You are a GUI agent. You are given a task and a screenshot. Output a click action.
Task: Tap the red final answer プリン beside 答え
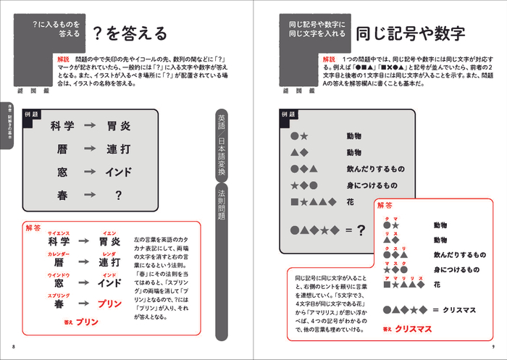pyautogui.click(x=87, y=321)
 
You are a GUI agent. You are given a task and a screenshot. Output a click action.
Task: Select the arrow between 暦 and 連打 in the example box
pyautogui.click(x=90, y=149)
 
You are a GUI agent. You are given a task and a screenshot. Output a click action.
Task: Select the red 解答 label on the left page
pyautogui.click(x=34, y=227)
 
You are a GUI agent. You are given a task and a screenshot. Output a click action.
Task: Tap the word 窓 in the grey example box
pyautogui.click(x=62, y=172)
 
